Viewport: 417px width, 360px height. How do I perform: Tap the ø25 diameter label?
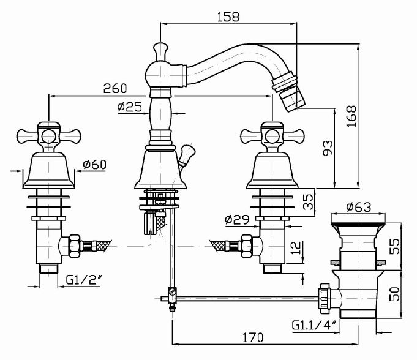pyautogui.click(x=129, y=108)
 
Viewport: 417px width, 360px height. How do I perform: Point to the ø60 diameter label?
pyautogui.click(x=94, y=164)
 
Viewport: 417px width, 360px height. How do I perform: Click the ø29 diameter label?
pyautogui.click(x=237, y=219)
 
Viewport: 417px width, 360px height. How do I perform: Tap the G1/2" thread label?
pyautogui.click(x=84, y=282)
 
